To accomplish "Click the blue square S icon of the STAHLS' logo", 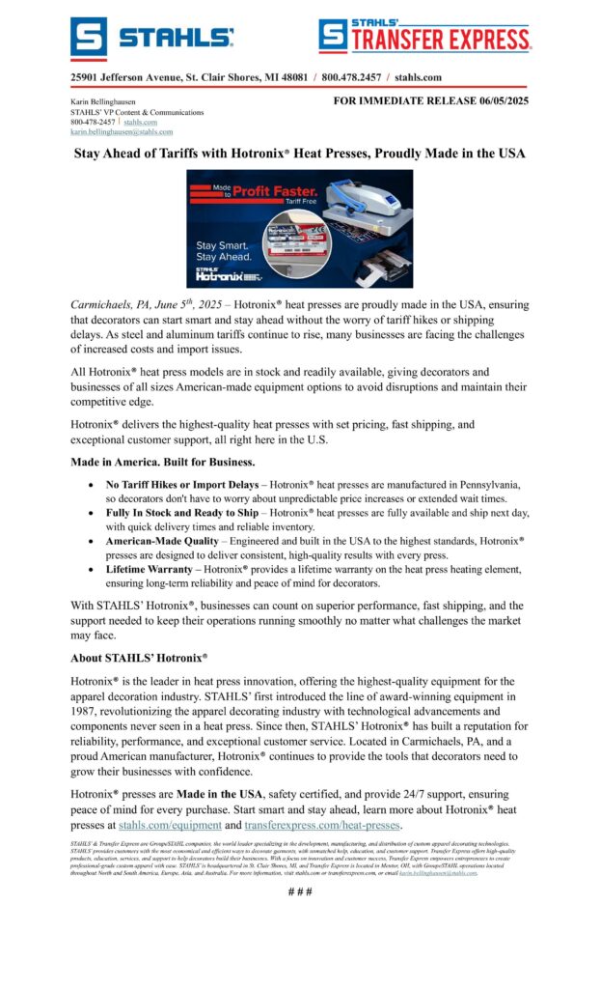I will pyautogui.click(x=89, y=38).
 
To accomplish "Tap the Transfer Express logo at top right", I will pyautogui.click(x=424, y=37).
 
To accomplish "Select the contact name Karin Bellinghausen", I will pyautogui.click(x=103, y=101).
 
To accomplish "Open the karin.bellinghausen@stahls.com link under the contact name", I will pyautogui.click(x=122, y=131).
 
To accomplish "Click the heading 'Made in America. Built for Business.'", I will pyautogui.click(x=162, y=461).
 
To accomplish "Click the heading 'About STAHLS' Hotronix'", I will pyautogui.click(x=139, y=658).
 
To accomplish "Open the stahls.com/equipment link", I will pyautogui.click(x=170, y=825).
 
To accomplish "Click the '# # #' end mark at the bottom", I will pyautogui.click(x=300, y=890).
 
